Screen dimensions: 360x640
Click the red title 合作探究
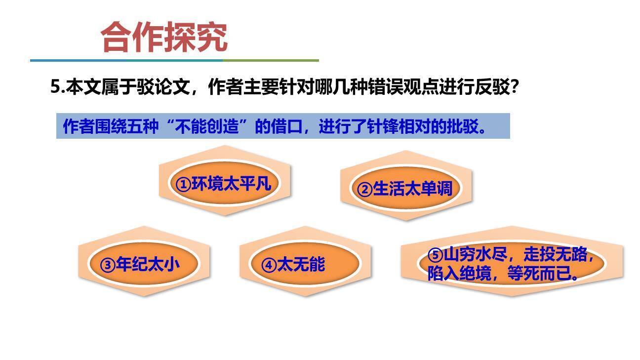(x=164, y=38)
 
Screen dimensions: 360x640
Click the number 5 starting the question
(x=55, y=87)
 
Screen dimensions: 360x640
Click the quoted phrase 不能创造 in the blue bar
(x=207, y=126)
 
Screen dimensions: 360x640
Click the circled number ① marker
(x=183, y=184)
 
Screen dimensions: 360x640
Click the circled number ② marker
(x=364, y=189)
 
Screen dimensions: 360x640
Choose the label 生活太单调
(x=412, y=189)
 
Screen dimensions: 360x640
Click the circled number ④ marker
(x=269, y=265)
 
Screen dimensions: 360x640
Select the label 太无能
(x=301, y=265)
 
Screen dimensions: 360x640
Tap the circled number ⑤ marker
(x=435, y=255)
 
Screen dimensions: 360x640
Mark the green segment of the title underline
(x=270, y=60)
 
